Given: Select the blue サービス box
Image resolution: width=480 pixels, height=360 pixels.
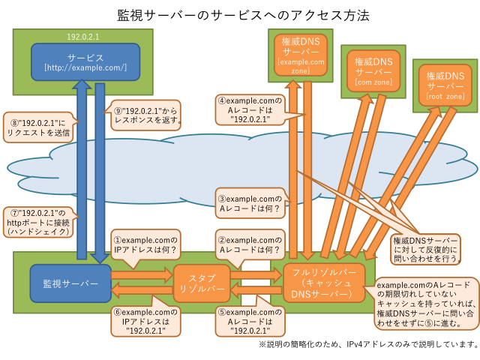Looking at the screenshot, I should click(85, 61).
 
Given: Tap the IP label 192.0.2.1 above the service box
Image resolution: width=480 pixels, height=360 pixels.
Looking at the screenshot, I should click(83, 35).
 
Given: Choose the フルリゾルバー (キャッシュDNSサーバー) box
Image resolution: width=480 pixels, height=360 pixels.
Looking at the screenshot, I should click(324, 283).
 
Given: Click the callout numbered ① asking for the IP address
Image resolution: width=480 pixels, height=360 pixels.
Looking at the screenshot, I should click(144, 241).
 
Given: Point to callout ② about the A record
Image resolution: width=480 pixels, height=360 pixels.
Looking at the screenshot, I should click(247, 241).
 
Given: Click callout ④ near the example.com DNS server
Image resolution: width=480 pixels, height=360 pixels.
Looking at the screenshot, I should click(247, 109).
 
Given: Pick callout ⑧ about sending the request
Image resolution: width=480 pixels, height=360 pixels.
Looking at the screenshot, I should click(37, 127).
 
